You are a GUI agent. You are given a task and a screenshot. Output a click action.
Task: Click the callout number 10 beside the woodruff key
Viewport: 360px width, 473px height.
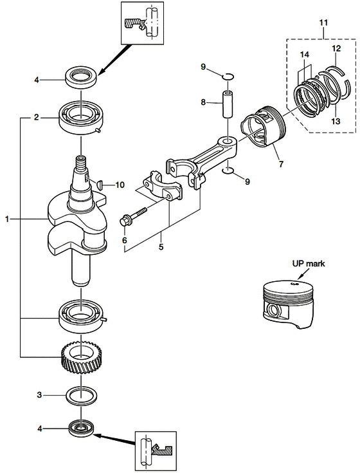[120, 185]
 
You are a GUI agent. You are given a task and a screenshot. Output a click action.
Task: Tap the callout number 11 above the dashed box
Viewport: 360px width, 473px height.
[323, 23]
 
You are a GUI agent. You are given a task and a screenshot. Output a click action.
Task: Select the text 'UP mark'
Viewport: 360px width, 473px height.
[309, 264]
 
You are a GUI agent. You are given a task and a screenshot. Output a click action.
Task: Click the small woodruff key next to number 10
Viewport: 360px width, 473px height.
[100, 184]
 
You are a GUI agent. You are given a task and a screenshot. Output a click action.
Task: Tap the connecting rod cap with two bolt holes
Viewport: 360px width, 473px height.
[163, 187]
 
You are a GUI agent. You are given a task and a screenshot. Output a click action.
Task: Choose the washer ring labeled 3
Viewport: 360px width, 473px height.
[82, 395]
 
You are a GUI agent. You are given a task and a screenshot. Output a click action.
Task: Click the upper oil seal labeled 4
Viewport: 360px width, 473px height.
[82, 79]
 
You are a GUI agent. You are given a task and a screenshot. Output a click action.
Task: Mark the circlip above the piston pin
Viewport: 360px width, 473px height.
[228, 77]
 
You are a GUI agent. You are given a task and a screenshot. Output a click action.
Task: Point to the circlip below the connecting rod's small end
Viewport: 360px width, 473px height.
[228, 171]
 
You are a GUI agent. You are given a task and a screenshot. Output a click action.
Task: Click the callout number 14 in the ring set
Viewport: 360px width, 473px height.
[304, 55]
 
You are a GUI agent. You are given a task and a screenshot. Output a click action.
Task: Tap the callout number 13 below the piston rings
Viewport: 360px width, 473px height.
[336, 121]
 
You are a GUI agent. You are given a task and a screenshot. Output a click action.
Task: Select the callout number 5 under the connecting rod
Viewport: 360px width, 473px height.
[161, 246]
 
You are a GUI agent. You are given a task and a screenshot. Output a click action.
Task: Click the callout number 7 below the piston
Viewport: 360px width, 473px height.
[281, 164]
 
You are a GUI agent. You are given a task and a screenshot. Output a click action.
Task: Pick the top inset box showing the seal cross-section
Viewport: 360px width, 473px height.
[142, 23]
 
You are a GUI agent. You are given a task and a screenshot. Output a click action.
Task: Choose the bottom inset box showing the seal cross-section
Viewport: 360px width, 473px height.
[156, 451]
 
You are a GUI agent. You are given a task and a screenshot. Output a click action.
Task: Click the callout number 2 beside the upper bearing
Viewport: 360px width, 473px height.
[37, 117]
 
